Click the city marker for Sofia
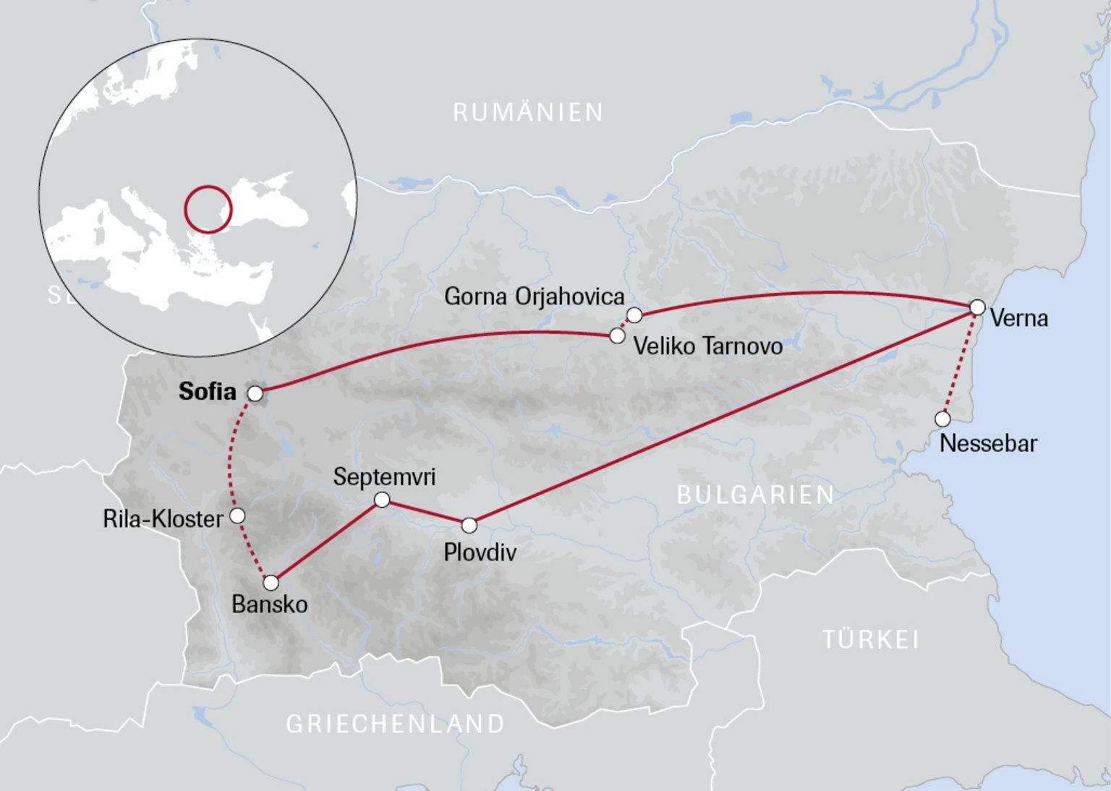(x=255, y=393)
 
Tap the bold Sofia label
(x=207, y=391)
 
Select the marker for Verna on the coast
(x=977, y=307)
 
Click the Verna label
(x=1018, y=318)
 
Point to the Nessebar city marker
(x=942, y=419)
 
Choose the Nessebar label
(x=988, y=443)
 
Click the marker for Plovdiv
(x=469, y=525)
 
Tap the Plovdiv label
(x=480, y=552)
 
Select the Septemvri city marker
(x=382, y=500)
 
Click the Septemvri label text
(x=384, y=477)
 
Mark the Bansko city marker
(x=271, y=583)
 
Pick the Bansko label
(x=269, y=604)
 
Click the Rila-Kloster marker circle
(x=237, y=516)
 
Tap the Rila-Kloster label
(x=163, y=519)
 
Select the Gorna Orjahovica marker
(x=634, y=315)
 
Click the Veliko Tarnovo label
(x=707, y=346)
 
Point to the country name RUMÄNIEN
(x=528, y=113)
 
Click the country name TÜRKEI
(x=871, y=640)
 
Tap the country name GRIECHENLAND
(x=395, y=724)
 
